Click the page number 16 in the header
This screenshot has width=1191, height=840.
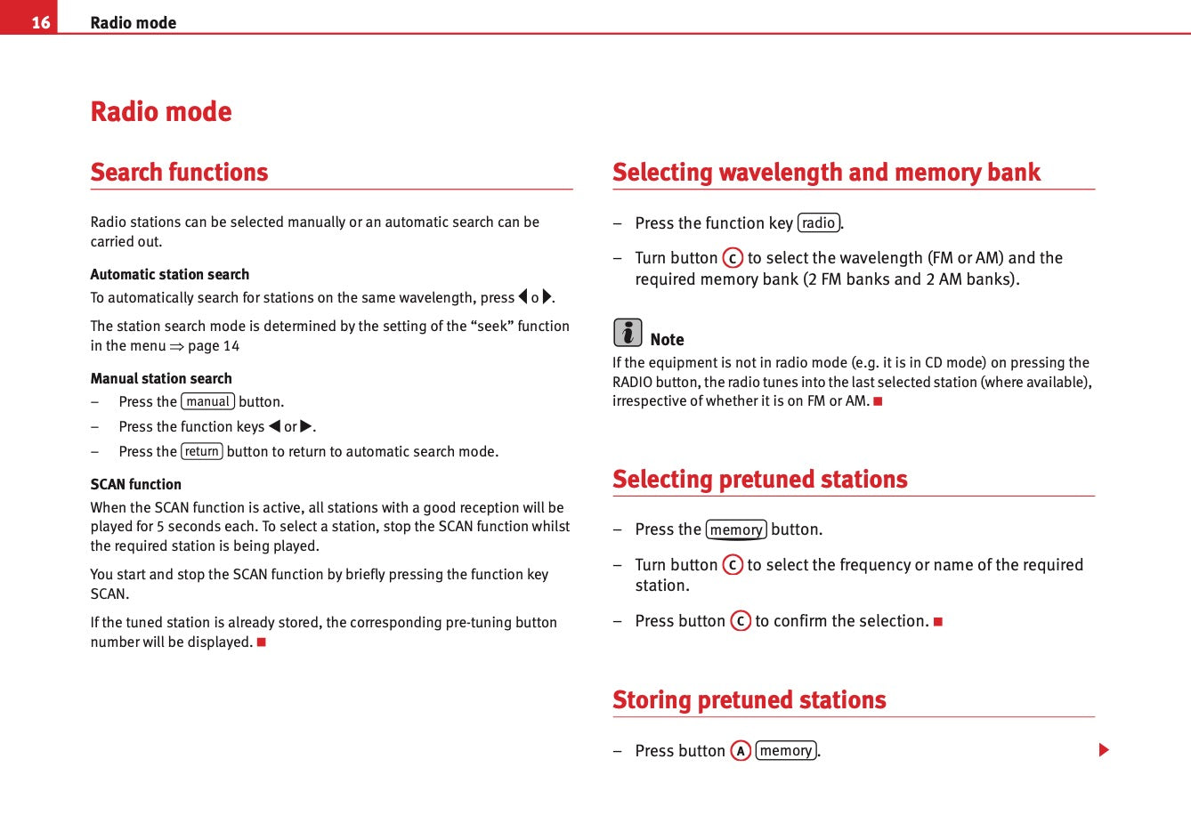coord(41,22)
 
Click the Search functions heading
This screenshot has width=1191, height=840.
coord(179,172)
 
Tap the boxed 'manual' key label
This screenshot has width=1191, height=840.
coord(207,401)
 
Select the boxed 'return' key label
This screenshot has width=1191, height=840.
coord(202,451)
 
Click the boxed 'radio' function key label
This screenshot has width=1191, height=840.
coord(818,222)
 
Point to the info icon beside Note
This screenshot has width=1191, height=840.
coord(628,333)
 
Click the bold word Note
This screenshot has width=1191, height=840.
coord(667,339)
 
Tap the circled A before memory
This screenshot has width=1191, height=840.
coord(741,751)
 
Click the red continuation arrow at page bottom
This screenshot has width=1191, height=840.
coord(1104,750)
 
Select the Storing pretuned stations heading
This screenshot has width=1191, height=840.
coord(749,699)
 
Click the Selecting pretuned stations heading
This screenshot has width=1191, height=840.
coord(759,479)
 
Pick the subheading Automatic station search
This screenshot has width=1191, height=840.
coord(169,274)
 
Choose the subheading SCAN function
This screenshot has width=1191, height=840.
coord(135,484)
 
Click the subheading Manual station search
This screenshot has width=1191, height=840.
coord(160,378)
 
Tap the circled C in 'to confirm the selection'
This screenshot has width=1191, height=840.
coord(741,621)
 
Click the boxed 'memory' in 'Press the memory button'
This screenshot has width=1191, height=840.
coord(736,529)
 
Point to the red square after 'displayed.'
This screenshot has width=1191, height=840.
coord(262,642)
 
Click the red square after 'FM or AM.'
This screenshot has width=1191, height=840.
coord(878,401)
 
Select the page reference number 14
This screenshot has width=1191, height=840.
coord(231,346)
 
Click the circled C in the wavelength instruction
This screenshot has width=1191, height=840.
coord(733,258)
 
